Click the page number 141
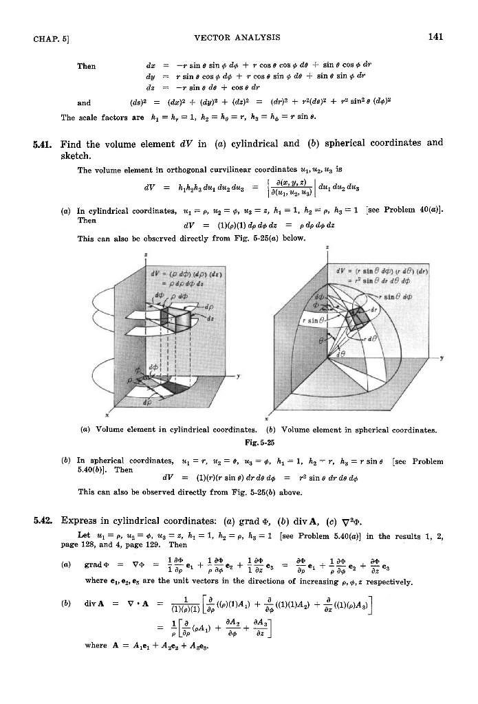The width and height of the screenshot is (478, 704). pos(433,38)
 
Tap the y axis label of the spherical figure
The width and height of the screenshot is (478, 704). pos(455,357)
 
